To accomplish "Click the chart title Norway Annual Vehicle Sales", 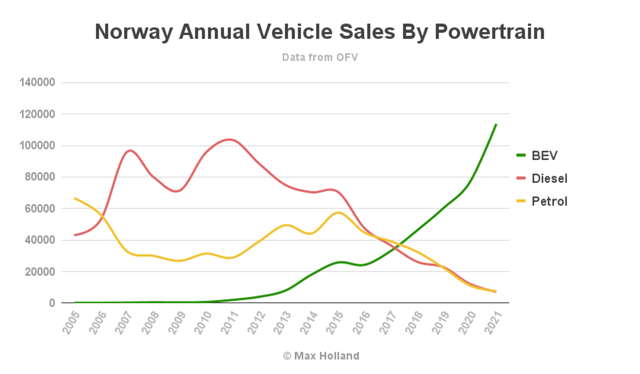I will pos(319,32).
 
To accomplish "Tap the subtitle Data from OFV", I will pos(319,57).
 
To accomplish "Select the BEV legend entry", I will pos(544,155).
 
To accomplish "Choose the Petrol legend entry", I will pos(549,201).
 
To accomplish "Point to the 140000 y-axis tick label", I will pos(37,83).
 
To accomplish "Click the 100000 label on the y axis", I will pos(37,146).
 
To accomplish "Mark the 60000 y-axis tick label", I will pos(40,209).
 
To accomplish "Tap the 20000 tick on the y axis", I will pos(40,272).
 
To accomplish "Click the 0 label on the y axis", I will pos(52,303).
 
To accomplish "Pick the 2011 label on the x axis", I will pos(228,322).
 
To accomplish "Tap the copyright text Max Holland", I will pos(321,356).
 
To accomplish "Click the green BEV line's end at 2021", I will pos(496,124).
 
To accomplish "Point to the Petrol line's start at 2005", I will pos(75,198).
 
